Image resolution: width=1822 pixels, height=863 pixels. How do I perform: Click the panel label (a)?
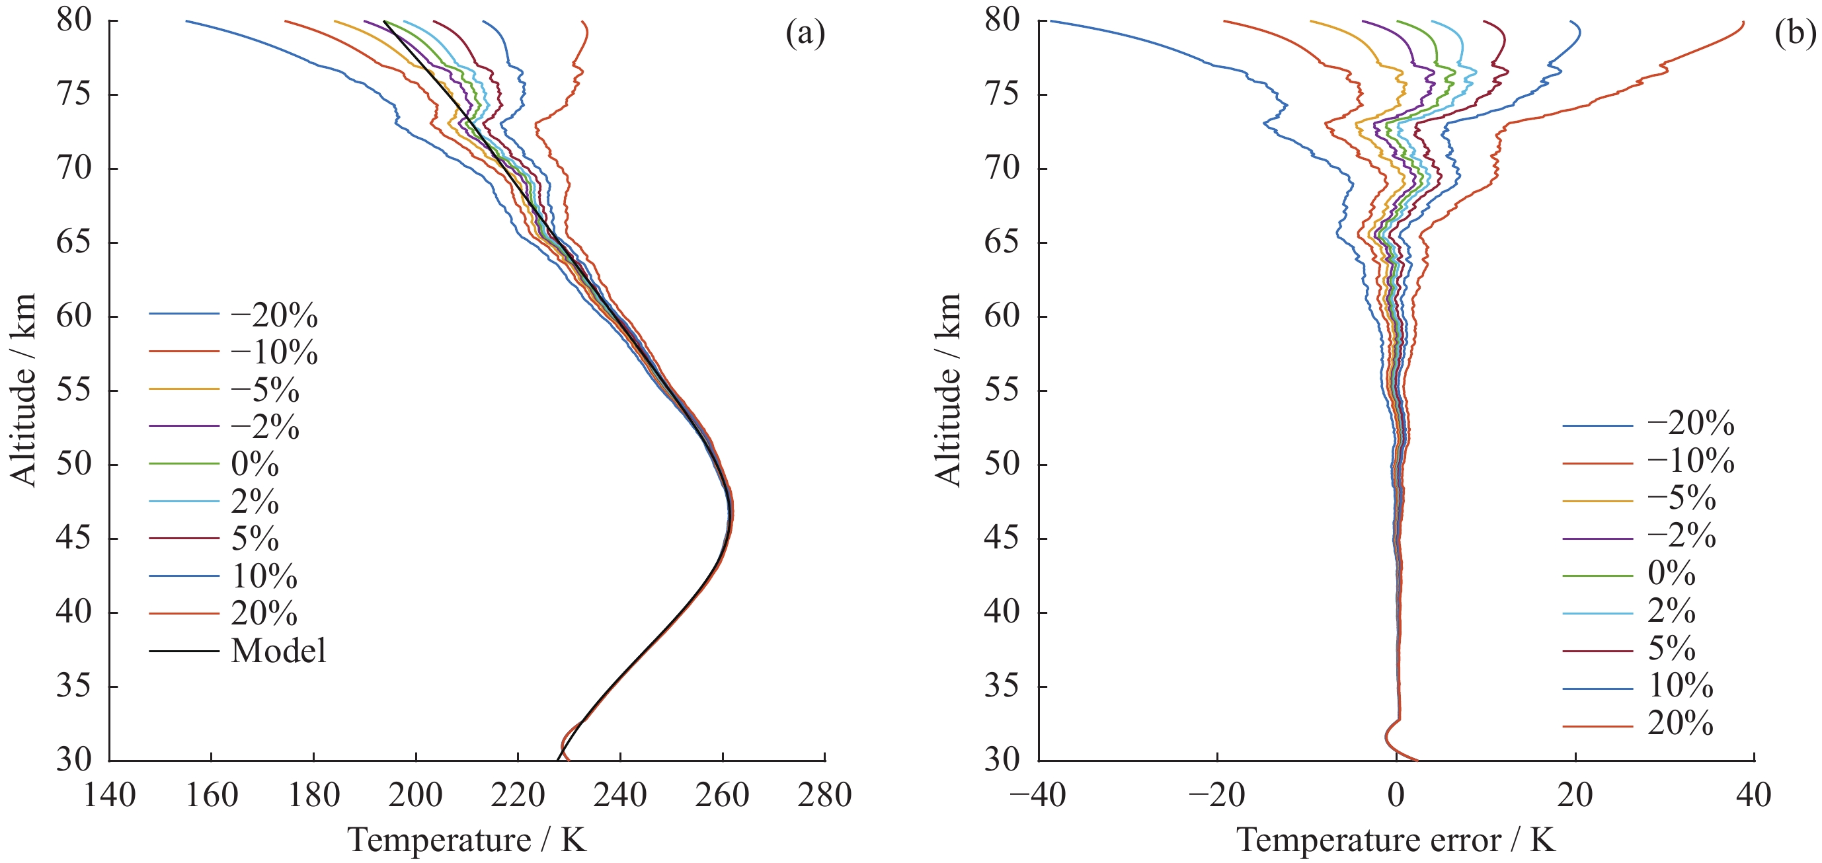coord(805,33)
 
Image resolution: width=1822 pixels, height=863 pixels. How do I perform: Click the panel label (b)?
coord(1794,33)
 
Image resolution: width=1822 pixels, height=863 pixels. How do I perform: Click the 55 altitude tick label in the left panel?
coord(74,390)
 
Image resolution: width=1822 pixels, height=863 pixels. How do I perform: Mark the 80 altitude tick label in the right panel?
coord(1002,20)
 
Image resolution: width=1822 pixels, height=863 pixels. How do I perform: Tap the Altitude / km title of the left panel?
coord(23,390)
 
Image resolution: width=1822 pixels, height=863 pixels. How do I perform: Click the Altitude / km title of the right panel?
coord(949,390)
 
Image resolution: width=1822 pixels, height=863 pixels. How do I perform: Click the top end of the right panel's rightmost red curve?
coord(1743,22)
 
